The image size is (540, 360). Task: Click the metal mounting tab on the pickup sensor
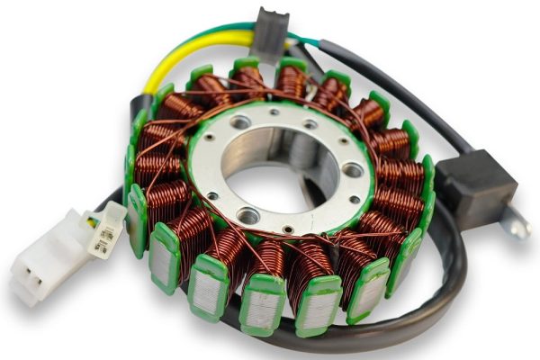coord(516,222)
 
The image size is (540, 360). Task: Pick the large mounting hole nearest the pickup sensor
coord(353,170)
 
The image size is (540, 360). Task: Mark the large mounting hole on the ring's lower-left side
coord(247,215)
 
